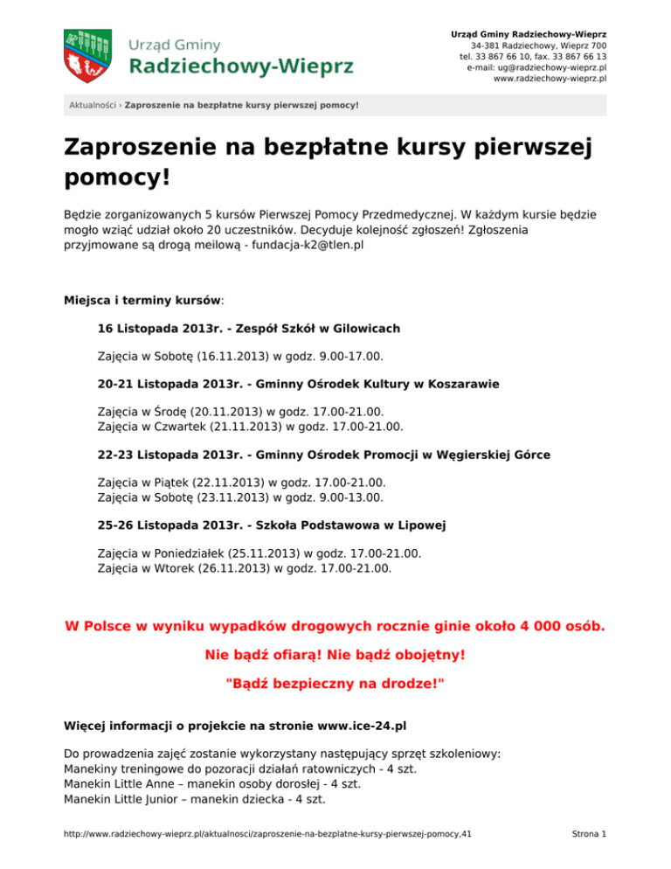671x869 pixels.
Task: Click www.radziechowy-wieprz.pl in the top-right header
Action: [x=550, y=79]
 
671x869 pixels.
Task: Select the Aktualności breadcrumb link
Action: [x=93, y=106]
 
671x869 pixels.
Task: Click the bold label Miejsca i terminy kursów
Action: [x=142, y=299]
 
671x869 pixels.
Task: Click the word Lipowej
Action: [x=419, y=525]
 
